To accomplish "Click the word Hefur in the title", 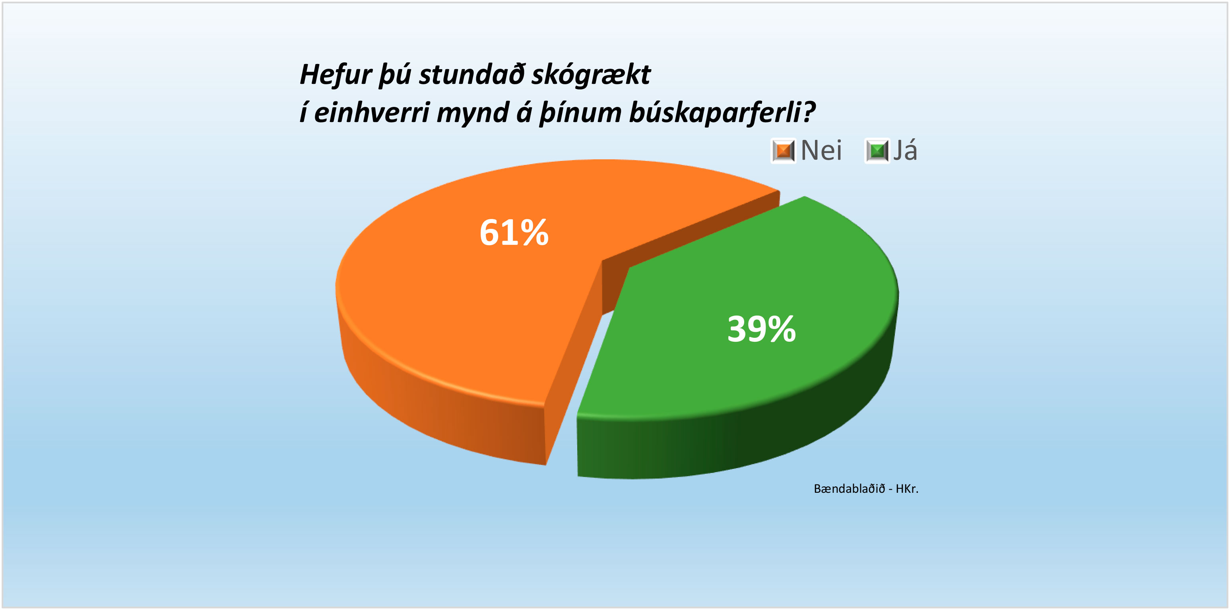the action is point(336,75).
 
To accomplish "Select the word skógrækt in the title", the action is point(591,75).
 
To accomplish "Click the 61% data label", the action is point(514,232).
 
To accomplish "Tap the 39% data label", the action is point(762,329).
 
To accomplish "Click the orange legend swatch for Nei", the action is point(783,151).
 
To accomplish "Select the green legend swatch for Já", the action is point(877,151).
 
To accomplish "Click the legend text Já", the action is point(905,150).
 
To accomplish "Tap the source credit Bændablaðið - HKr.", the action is point(866,488).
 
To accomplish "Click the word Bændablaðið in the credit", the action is point(850,488).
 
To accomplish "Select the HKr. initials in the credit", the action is point(907,488).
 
